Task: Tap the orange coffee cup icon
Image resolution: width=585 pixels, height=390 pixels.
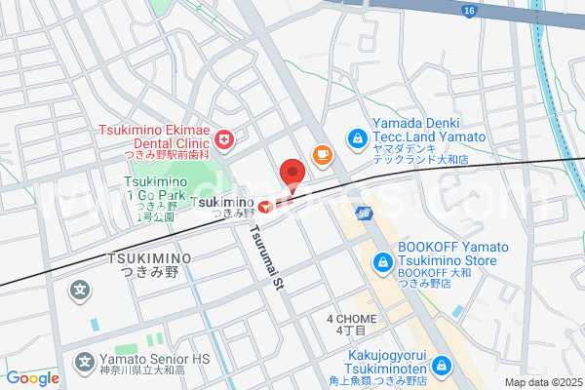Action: click(x=321, y=154)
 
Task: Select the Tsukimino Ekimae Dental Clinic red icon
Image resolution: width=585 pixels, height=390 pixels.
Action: click(x=225, y=142)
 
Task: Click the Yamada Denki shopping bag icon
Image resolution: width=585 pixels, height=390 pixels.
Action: click(x=357, y=138)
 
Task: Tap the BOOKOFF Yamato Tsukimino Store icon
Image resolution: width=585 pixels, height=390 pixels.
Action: click(x=383, y=261)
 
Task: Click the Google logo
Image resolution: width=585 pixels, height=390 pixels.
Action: click(x=32, y=378)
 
